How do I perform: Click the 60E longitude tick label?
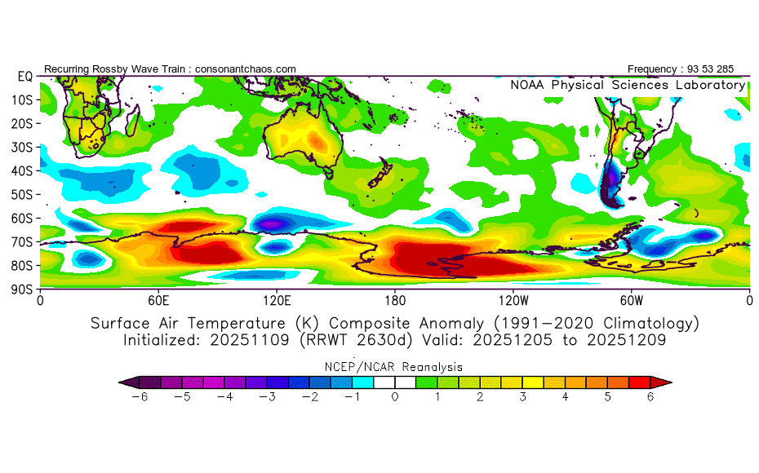point(158,299)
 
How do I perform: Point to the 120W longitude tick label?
point(513,299)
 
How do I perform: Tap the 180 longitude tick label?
point(395,299)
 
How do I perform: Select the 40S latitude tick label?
point(21,170)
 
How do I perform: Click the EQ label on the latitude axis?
point(24,76)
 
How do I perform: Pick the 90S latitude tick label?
point(21,289)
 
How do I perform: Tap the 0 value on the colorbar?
point(394,396)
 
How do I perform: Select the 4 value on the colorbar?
point(565,396)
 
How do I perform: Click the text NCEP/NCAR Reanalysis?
point(395,367)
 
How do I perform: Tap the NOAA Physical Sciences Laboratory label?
point(628,85)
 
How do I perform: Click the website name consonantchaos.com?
point(245,69)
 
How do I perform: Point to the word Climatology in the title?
point(645,323)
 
